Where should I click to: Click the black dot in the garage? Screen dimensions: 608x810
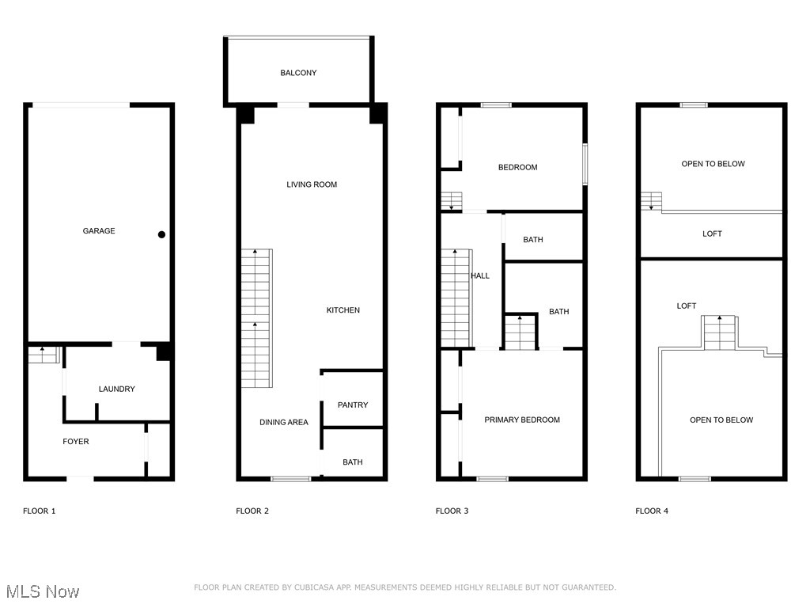[x=161, y=234]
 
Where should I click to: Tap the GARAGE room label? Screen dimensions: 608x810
[x=99, y=231]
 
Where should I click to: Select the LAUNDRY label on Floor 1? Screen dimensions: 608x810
[x=116, y=389]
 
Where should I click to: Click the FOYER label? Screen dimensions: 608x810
[x=76, y=441]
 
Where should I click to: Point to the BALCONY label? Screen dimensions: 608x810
[x=298, y=73]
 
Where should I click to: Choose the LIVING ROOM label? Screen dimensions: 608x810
[x=312, y=184]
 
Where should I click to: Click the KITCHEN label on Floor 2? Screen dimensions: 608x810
[x=343, y=310]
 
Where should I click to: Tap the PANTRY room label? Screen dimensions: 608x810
[x=353, y=405]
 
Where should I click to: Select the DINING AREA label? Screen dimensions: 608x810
[x=284, y=422]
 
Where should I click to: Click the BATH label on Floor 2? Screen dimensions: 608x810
[x=353, y=462]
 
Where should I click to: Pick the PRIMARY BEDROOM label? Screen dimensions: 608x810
[x=522, y=420]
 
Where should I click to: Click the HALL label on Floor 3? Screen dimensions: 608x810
[x=480, y=276]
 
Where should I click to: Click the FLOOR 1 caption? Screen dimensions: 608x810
[x=39, y=511]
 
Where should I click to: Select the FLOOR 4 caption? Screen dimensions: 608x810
[x=652, y=511]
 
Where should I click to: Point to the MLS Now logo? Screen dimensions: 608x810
[x=43, y=591]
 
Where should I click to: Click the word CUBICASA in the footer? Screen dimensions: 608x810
[x=320, y=587]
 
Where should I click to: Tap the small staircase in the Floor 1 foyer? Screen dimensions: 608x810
[x=44, y=355]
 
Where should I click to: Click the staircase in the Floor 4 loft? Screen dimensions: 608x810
[x=720, y=332]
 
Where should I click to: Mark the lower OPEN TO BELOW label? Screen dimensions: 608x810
[x=721, y=420]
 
